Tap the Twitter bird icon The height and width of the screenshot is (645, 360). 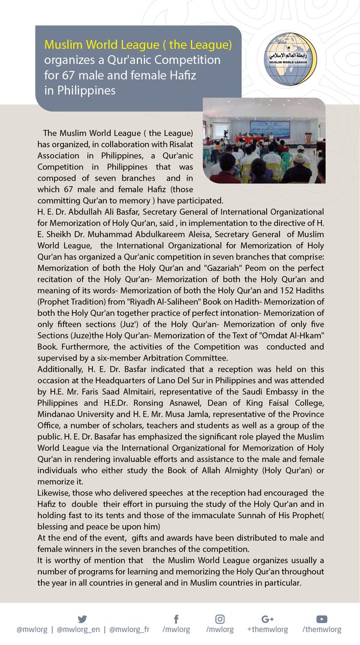click(x=82, y=619)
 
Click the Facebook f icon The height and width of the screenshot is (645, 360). click(x=176, y=619)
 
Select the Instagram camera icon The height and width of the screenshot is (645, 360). click(x=220, y=619)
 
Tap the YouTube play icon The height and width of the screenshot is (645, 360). click(x=321, y=619)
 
